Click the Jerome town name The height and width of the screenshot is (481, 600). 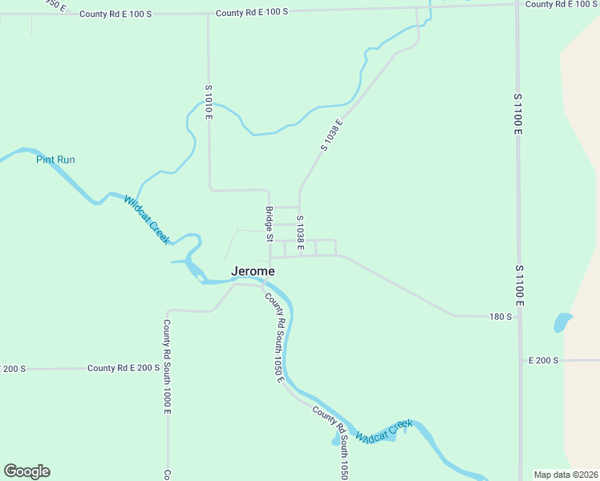pyautogui.click(x=253, y=272)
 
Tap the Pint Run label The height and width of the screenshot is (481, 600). pyautogui.click(x=55, y=160)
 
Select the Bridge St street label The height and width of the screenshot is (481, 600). pyautogui.click(x=270, y=224)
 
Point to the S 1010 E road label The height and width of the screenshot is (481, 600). pyautogui.click(x=208, y=102)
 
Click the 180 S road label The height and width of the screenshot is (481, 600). pyautogui.click(x=501, y=317)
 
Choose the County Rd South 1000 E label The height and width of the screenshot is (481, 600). pyautogui.click(x=167, y=367)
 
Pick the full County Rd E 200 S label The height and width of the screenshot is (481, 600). pyautogui.click(x=124, y=368)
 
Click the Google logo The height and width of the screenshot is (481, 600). pyautogui.click(x=26, y=471)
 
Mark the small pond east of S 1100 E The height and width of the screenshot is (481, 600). pyautogui.click(x=563, y=322)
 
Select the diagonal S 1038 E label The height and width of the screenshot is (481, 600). pyautogui.click(x=331, y=135)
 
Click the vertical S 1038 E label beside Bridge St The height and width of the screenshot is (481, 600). pyautogui.click(x=300, y=232)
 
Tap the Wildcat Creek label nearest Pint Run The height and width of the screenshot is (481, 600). pyautogui.click(x=147, y=219)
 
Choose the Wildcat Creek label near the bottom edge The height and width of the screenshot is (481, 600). pyautogui.click(x=384, y=431)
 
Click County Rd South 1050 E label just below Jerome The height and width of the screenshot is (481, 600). pyautogui.click(x=275, y=338)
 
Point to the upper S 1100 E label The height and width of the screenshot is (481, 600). pyautogui.click(x=518, y=113)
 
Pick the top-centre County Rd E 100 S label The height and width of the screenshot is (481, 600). pyautogui.click(x=251, y=12)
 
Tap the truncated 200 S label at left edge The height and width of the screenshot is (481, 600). pyautogui.click(x=13, y=369)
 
